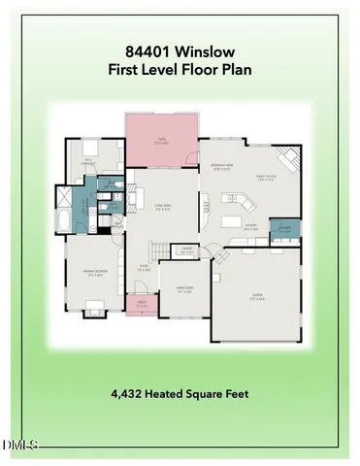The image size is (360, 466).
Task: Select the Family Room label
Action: [268, 178]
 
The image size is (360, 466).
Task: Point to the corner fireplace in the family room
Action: [289, 158]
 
